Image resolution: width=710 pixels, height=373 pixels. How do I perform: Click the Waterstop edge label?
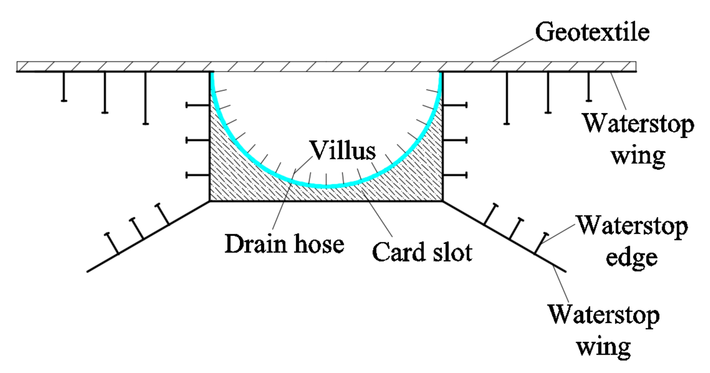click(x=632, y=241)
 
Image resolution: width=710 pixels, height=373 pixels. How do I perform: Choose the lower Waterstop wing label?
click(x=604, y=330)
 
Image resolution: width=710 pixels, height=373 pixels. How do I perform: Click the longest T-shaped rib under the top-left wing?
click(x=145, y=98)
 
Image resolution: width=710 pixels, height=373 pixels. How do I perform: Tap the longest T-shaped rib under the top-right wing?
click(x=507, y=98)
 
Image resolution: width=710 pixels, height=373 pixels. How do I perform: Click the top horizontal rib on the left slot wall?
click(x=198, y=105)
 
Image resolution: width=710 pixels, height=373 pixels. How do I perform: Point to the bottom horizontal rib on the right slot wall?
click(x=455, y=175)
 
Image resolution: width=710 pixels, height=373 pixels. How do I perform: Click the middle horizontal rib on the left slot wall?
click(x=198, y=140)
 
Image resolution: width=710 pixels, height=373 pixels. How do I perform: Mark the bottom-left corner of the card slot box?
click(x=210, y=201)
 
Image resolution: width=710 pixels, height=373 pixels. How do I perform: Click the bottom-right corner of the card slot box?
click(x=442, y=201)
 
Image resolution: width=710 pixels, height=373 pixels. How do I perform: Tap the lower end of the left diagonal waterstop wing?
click(x=88, y=272)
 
